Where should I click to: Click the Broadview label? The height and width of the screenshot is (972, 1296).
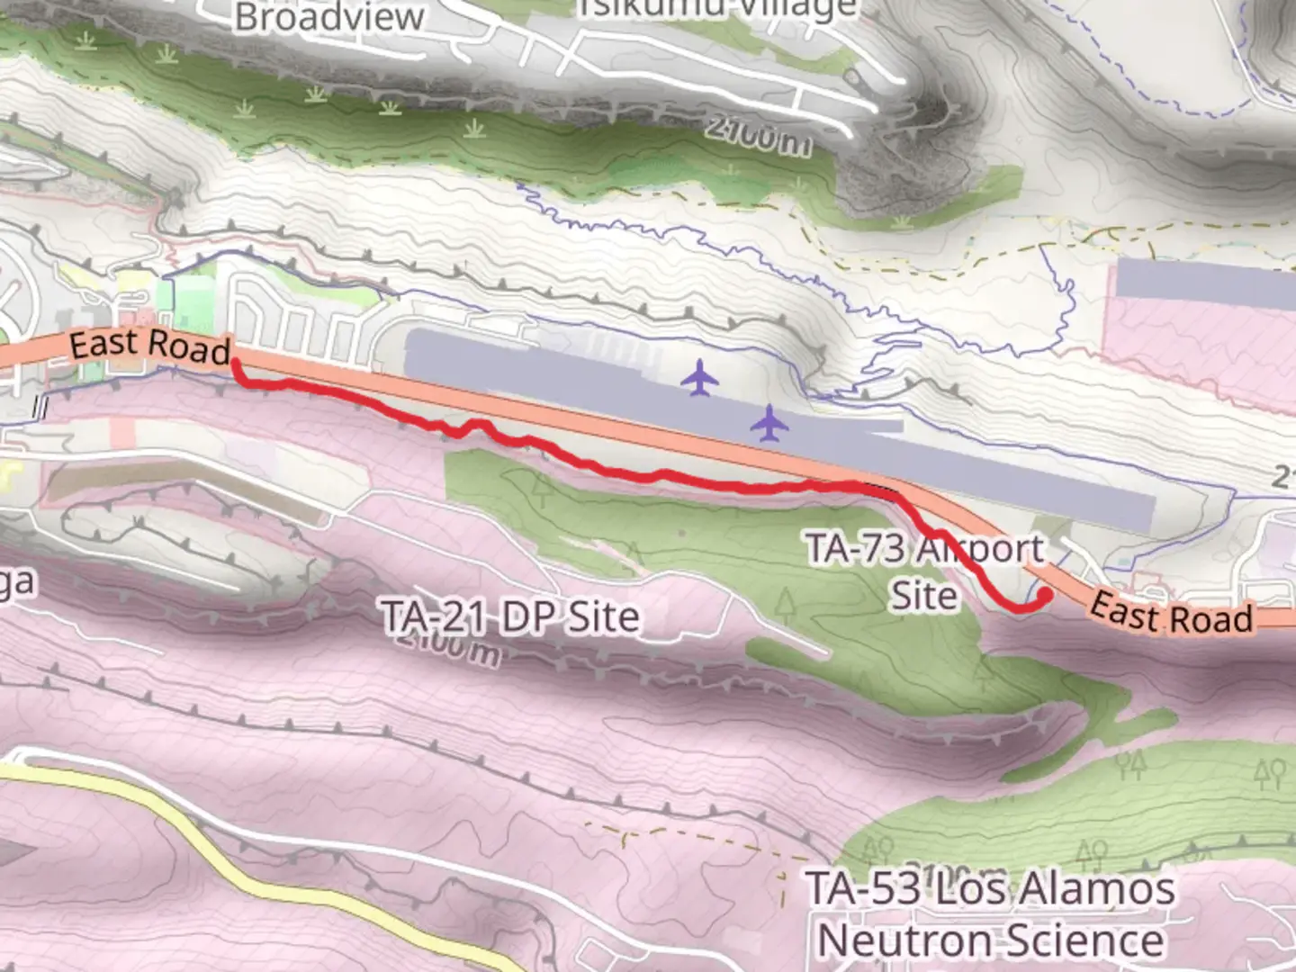329,17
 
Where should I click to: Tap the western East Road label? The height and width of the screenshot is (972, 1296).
150,346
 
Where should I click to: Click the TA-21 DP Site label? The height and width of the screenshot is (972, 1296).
510,616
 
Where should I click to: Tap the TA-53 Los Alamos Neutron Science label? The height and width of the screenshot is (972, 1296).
990,914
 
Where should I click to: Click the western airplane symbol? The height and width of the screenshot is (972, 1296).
699,378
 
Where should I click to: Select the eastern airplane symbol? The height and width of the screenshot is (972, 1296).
769,423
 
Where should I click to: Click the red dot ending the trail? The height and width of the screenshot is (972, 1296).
1045,595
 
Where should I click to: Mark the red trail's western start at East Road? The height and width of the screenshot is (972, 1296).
236,362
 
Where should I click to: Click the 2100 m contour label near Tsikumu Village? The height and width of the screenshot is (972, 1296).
758,136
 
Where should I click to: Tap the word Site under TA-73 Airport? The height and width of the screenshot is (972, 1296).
924,595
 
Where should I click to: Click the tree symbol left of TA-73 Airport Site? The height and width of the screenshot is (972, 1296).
787,605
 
